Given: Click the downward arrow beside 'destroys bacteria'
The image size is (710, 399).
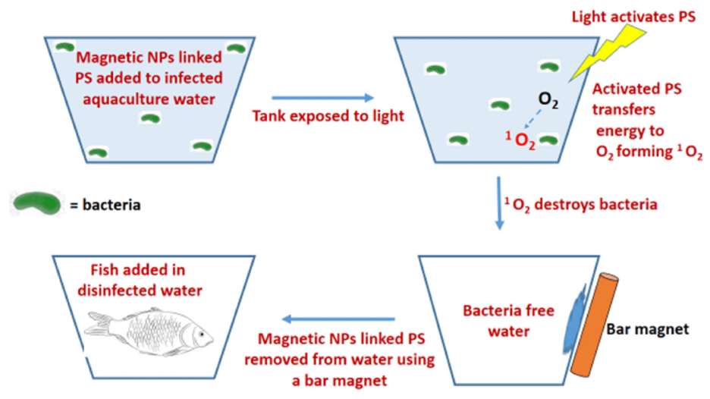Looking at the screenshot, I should [x=498, y=203].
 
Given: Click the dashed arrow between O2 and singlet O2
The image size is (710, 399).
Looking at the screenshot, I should [x=536, y=121].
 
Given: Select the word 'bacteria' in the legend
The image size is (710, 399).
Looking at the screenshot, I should [x=114, y=204].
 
